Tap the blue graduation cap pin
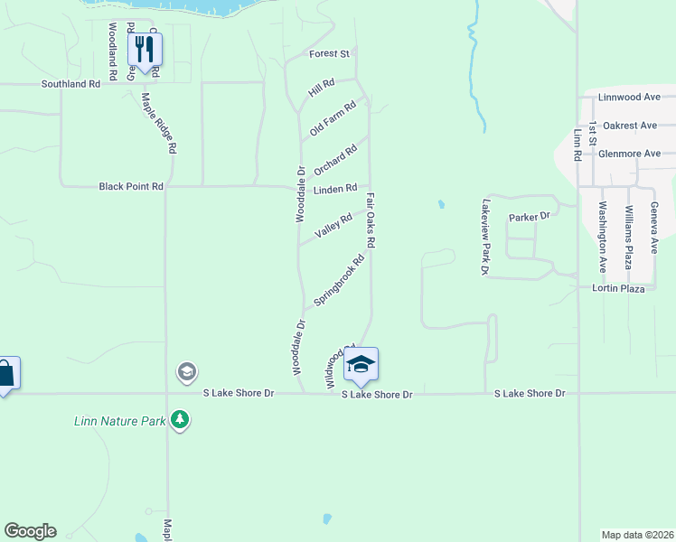pyautogui.click(x=361, y=364)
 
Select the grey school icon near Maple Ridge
pyautogui.click(x=187, y=371)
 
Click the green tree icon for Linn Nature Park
pyautogui.click(x=181, y=420)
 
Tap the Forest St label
pyautogui.click(x=329, y=54)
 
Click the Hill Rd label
pyautogui.click(x=321, y=88)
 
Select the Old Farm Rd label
pyautogui.click(x=333, y=118)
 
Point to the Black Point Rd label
pyautogui.click(x=131, y=186)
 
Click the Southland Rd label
pyautogui.click(x=70, y=84)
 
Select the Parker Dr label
pyautogui.click(x=530, y=218)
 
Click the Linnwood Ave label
pyautogui.click(x=631, y=97)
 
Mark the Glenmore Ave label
pyautogui.click(x=629, y=154)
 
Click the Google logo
pyautogui.click(x=30, y=531)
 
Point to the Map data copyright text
pyautogui.click(x=637, y=534)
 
